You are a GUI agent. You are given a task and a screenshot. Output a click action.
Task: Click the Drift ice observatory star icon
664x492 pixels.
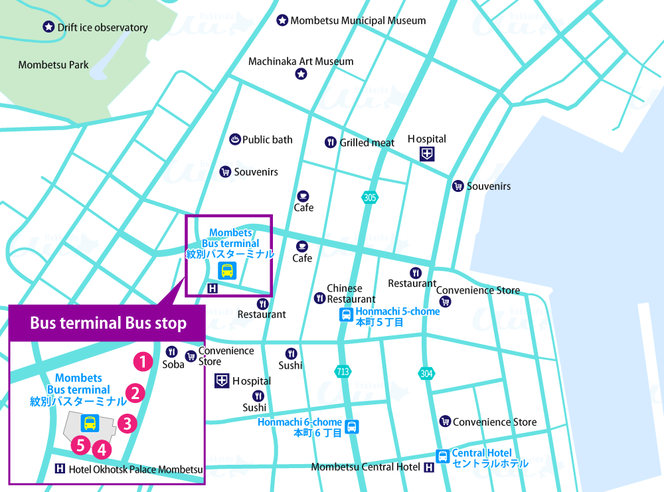tap(48, 27)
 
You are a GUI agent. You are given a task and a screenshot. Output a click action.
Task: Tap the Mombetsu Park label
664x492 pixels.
tap(54, 65)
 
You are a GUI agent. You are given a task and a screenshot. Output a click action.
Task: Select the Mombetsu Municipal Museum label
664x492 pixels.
tap(357, 21)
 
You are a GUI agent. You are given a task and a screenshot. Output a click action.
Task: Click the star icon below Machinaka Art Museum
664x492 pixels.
tap(301, 74)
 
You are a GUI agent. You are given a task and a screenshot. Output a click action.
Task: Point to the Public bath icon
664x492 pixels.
tap(234, 139)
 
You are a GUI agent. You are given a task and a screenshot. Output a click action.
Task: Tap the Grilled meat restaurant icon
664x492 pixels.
tap(330, 142)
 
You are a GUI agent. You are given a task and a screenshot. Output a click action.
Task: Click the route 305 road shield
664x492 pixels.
tap(369, 197)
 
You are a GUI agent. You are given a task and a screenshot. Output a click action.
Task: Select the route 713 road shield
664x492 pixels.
tap(343, 372)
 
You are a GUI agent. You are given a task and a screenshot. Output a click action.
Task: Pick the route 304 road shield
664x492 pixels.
tap(426, 374)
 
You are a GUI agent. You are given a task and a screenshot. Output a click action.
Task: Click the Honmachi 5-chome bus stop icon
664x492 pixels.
tap(346, 315)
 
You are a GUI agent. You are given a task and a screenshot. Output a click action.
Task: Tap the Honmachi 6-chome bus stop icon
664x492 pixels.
tap(352, 427)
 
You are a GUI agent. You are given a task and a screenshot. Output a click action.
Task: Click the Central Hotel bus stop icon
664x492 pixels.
tap(442, 456)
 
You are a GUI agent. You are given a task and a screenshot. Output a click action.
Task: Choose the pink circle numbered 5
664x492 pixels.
tap(81, 445)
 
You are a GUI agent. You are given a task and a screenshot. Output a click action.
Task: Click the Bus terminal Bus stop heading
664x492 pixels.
tap(108, 323)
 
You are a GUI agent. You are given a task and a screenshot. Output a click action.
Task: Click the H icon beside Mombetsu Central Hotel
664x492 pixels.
tap(429, 467)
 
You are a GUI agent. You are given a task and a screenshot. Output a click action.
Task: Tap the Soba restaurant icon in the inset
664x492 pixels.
tap(172, 352)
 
